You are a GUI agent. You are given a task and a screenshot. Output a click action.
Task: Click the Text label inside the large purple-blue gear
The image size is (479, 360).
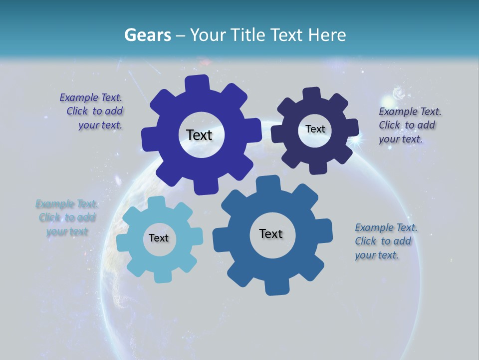pyautogui.click(x=200, y=135)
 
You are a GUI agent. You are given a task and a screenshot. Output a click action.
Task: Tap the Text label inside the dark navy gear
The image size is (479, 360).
pyautogui.click(x=315, y=129)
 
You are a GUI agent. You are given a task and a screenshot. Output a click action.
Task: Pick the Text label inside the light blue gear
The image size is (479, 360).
pyautogui.click(x=159, y=238)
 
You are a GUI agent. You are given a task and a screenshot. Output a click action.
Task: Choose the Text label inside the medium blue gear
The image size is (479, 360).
pyautogui.click(x=271, y=233)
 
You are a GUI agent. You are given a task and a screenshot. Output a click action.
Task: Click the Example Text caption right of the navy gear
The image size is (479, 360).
pyautogui.click(x=409, y=125)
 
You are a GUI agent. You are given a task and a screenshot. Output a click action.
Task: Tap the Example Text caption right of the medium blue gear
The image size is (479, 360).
pyautogui.click(x=385, y=241)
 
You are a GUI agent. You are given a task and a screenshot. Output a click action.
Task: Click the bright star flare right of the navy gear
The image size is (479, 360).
pyautogui.click(x=356, y=141)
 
